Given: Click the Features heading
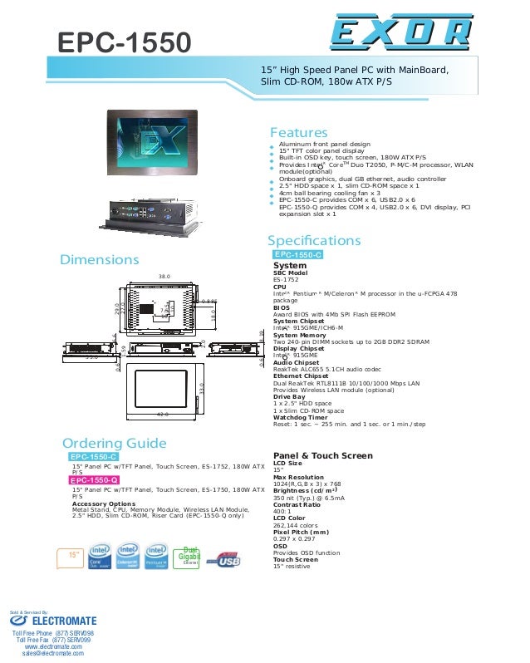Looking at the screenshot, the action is [x=298, y=133].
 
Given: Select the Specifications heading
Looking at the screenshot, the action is [x=314, y=241].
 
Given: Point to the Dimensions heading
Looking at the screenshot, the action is [x=99, y=260].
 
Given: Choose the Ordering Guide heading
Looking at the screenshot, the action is [x=114, y=443].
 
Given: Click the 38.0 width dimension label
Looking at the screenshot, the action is [x=164, y=275].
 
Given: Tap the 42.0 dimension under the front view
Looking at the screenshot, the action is [x=163, y=413].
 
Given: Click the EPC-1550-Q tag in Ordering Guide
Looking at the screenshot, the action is [x=94, y=480].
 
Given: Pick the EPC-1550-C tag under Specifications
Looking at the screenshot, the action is [x=297, y=254].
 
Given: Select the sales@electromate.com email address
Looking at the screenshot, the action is [x=52, y=655].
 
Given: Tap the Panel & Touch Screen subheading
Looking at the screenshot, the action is [x=322, y=455].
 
